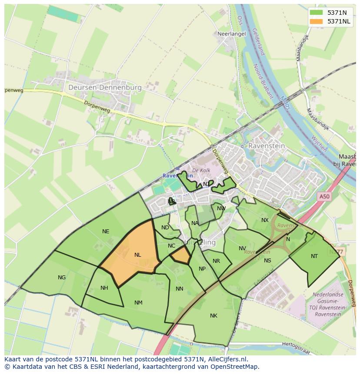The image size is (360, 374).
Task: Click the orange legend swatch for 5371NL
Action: [x=317, y=21]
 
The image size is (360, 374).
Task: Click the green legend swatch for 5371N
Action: [x=317, y=13]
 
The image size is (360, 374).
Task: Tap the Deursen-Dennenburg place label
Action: [x=105, y=87]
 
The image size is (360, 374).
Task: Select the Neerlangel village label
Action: [x=232, y=33]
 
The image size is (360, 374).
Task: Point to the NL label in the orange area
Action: [x=138, y=255]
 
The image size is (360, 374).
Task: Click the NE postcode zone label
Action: [x=106, y=232]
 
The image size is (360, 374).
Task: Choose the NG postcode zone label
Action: [x=62, y=278]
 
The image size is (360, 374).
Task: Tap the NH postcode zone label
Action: [x=104, y=288]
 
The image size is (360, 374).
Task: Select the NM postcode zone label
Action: [x=138, y=303]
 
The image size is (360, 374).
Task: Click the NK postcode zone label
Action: [x=213, y=316]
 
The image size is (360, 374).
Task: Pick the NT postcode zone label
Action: [x=314, y=256]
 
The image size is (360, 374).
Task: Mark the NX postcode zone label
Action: [x=265, y=220]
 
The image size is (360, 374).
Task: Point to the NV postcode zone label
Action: [x=242, y=248]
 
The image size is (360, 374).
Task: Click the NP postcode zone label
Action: [x=202, y=269]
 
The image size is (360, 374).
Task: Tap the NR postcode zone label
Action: [x=216, y=261]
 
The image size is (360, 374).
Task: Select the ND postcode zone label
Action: [x=165, y=228]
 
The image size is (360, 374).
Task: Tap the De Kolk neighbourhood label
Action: [x=201, y=171]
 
